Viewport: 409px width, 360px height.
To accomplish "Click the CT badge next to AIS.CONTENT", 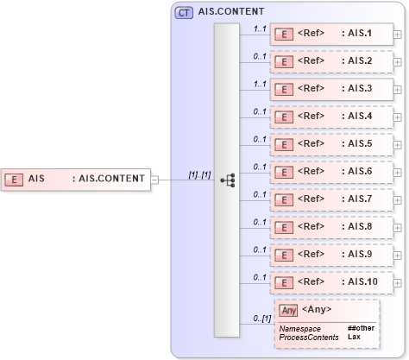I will tap(184, 13).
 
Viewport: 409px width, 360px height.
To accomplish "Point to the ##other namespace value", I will tap(361, 329).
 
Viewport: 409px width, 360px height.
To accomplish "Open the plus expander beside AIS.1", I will tap(397, 35).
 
